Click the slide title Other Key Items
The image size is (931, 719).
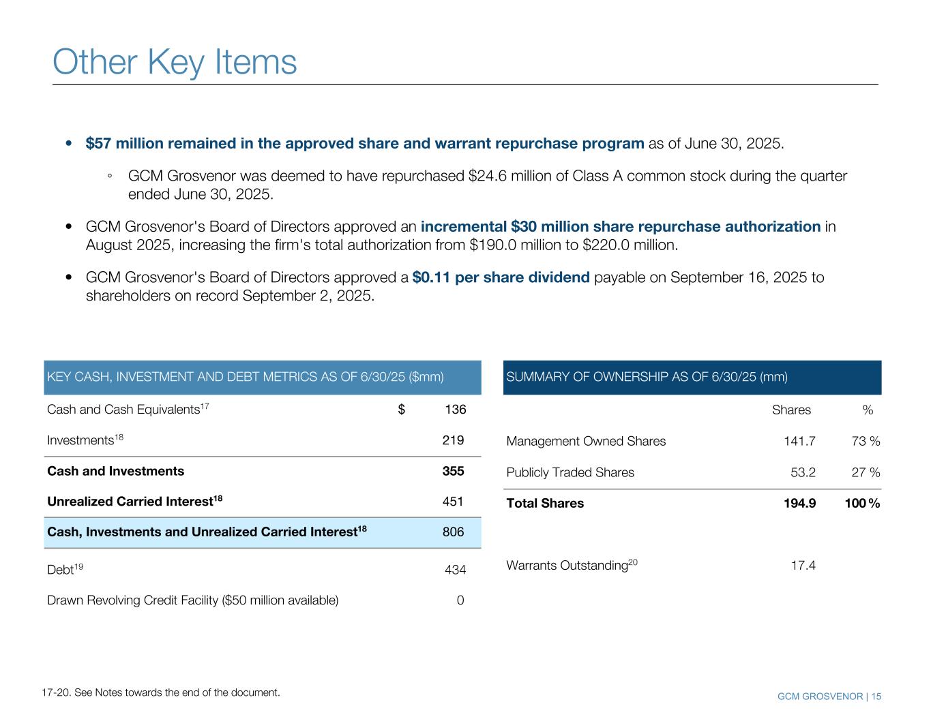point(175,62)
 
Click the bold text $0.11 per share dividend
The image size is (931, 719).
point(501,277)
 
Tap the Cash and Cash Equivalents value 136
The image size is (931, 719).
point(455,410)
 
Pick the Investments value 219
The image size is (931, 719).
point(453,440)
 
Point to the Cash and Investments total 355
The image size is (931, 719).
point(453,471)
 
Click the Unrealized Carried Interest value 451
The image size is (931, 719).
point(453,502)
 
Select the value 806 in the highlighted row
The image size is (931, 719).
point(453,532)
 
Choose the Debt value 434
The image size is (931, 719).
point(455,569)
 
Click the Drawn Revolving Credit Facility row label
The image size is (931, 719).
point(192,600)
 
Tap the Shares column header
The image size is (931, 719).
point(791,410)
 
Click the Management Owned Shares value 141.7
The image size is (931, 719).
point(799,441)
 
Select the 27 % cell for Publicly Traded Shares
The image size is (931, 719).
point(866,472)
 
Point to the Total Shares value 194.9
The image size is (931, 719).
point(799,504)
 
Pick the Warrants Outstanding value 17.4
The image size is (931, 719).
point(803,566)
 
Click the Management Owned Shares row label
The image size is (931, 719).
point(586,441)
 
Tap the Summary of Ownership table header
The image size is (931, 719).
point(647,377)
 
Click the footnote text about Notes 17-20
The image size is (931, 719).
point(160,692)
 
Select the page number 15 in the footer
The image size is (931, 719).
point(876,697)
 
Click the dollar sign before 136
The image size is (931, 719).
point(402,410)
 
